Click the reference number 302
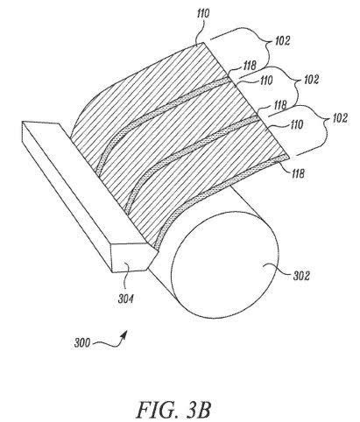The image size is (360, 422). pos(301,276)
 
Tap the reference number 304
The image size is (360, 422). pos(126,299)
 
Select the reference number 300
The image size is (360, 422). pos(82,342)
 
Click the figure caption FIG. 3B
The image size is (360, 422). pos(173,410)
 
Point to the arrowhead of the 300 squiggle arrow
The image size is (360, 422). pos(124,334)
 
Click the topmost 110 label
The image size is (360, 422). pos(203,14)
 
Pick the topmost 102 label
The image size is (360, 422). pos(282,41)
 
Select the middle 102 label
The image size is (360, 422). pos(311,80)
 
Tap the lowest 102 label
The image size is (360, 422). pos(340,118)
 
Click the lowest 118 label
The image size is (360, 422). pos(298,173)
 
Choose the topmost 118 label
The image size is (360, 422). pos(250,65)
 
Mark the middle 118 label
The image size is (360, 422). pos(280,105)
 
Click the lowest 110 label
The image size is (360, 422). pos(296,125)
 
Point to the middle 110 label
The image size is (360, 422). pos(266,81)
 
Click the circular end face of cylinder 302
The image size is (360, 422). pos(225,274)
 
